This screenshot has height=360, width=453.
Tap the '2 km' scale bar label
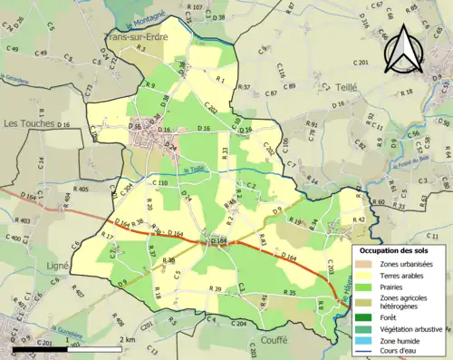pos(128,339)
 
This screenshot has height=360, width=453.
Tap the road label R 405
pos(80,189)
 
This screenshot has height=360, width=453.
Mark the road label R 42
pos(359,219)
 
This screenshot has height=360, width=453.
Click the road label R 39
pos(216,288)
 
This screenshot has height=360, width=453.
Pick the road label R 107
pos(194,7)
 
